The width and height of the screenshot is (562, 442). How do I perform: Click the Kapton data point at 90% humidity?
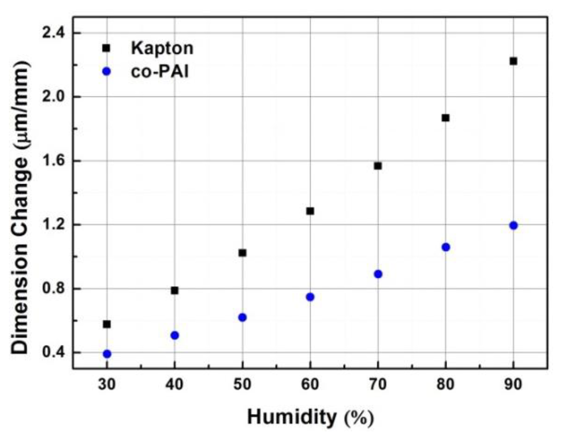[x=513, y=61]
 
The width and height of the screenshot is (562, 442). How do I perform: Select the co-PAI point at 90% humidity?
[x=513, y=225]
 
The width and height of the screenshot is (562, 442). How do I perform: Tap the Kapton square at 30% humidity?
[x=107, y=324]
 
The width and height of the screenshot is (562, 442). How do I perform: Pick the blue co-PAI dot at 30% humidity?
[x=107, y=354]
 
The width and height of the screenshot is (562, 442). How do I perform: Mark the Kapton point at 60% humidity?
[x=310, y=211]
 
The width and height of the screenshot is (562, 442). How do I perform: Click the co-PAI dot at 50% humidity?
[x=242, y=317]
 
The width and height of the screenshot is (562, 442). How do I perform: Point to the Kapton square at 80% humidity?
[x=445, y=118]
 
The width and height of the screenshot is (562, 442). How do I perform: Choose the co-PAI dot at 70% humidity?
[x=378, y=274]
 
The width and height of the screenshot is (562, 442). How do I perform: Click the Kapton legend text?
[x=162, y=48]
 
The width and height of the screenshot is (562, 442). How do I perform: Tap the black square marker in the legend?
[x=106, y=48]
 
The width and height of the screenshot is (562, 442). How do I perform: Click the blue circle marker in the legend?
[x=107, y=72]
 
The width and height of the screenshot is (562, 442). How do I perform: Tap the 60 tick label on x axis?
[x=310, y=384]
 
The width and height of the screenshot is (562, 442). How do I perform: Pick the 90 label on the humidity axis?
[x=513, y=384]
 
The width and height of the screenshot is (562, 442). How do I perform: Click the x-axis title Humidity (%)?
[x=310, y=417]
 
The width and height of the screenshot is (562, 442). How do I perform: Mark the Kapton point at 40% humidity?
[x=174, y=290]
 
